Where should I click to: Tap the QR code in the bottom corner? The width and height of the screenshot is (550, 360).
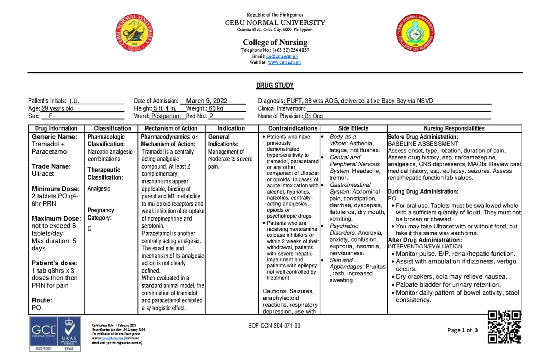pyautogui.click(x=504, y=327)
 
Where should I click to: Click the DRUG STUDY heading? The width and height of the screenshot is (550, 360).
pyautogui.click(x=275, y=86)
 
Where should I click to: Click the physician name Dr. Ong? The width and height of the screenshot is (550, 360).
pyautogui.click(x=313, y=116)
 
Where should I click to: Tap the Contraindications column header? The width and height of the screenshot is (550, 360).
pyautogui.click(x=292, y=128)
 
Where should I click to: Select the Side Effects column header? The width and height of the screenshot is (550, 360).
pyautogui.click(x=353, y=128)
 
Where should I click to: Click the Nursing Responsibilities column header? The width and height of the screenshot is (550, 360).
pyautogui.click(x=455, y=128)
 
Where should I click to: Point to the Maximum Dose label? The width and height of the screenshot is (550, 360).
pyautogui.click(x=57, y=218)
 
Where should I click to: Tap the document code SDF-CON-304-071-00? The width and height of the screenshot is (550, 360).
pyautogui.click(x=274, y=325)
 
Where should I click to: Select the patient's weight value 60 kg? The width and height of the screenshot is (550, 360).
pyautogui.click(x=216, y=109)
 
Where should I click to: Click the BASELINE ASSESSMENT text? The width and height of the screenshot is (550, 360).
pyautogui.click(x=423, y=144)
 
